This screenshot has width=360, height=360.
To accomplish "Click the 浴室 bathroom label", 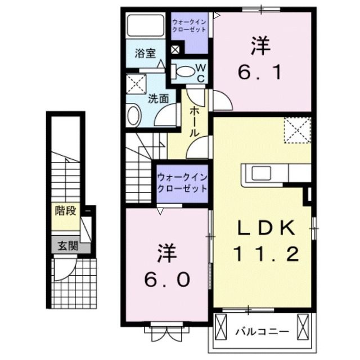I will point(145,54).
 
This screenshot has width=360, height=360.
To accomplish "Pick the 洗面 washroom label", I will point(158,98).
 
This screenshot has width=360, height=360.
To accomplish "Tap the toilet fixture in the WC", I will point(182,71).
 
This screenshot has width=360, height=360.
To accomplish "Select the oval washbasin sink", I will point(134,116).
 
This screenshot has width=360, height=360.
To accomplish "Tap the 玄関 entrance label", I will point(66,246).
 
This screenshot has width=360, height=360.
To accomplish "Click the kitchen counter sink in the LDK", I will point(262,173).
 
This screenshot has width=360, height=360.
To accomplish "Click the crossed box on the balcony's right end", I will point(303,326).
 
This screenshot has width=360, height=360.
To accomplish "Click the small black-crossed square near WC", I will point(175,49).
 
